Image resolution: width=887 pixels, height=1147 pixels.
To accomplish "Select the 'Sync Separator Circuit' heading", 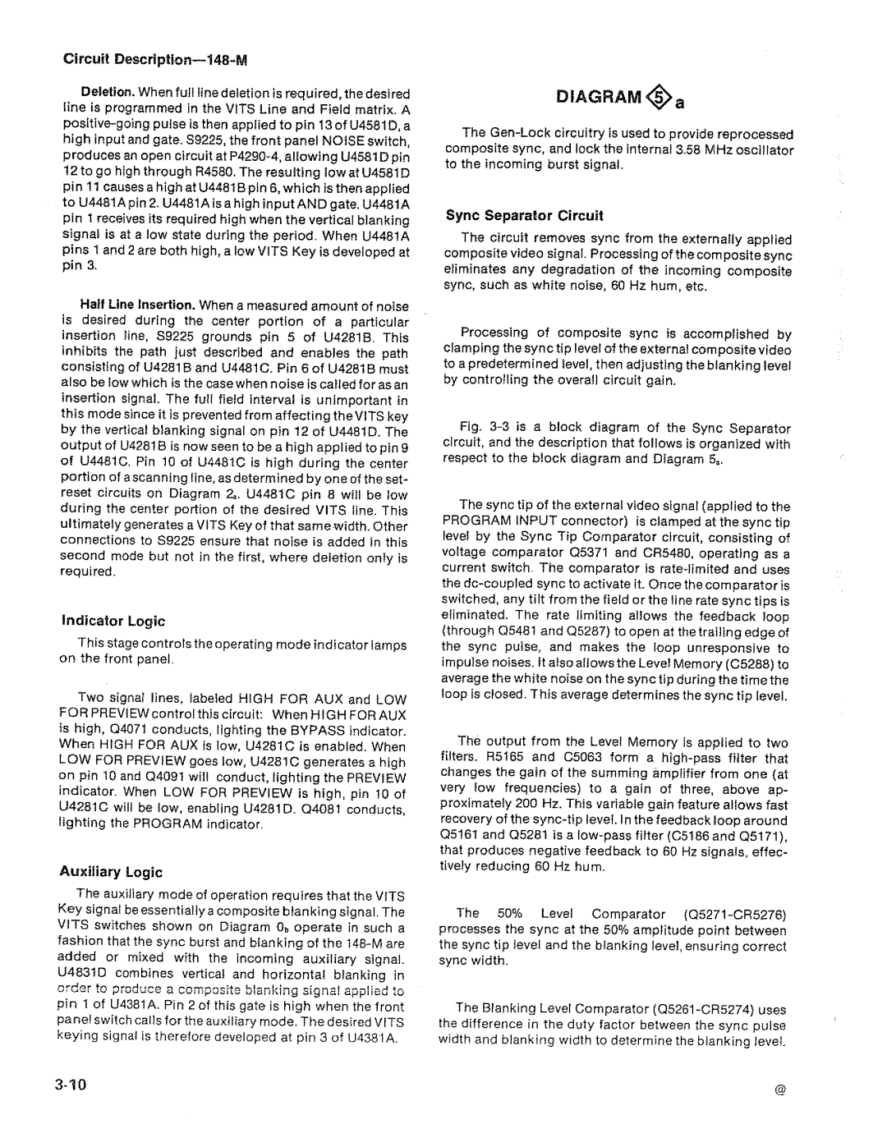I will click(524, 216).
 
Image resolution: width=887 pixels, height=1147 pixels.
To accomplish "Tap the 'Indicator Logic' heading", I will click(113, 621).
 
